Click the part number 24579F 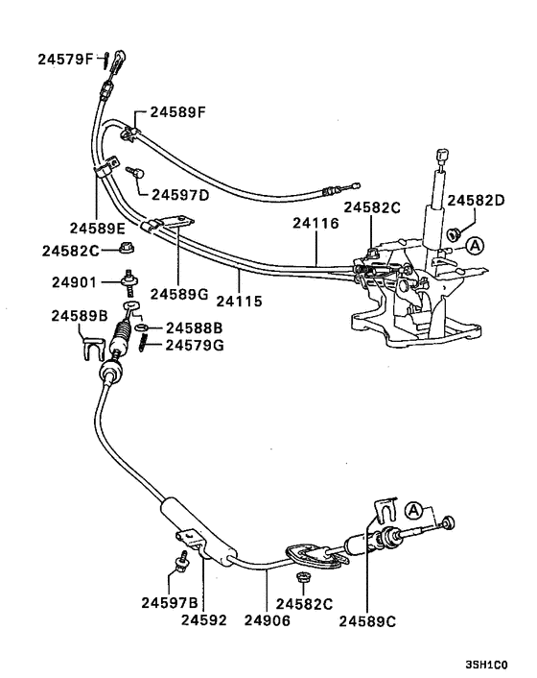[x=65, y=60]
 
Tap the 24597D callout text [x=179, y=194]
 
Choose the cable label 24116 [x=316, y=223]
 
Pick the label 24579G [x=195, y=345]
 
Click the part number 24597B [x=169, y=603]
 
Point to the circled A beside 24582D [x=477, y=247]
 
